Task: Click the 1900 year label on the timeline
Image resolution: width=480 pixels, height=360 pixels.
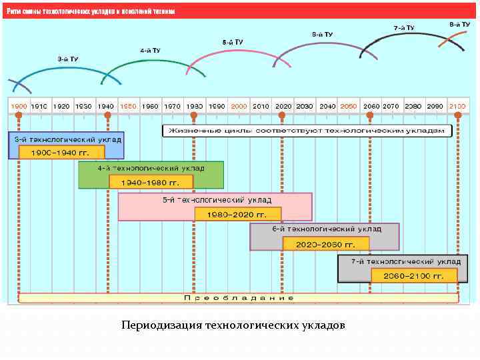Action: tap(19, 106)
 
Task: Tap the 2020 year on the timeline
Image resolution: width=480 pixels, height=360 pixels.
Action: tap(283, 106)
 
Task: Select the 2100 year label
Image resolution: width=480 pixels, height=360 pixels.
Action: tap(458, 106)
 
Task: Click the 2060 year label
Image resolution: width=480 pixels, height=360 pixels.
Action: tap(371, 106)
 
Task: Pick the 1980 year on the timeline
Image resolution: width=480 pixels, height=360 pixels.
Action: tap(194, 106)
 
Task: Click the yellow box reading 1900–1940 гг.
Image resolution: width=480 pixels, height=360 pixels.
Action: tap(61, 152)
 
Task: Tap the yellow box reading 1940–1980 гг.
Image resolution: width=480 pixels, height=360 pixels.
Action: tap(151, 181)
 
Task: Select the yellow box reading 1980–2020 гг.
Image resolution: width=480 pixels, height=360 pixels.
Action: tap(237, 215)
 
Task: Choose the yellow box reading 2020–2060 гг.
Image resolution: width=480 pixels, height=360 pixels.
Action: tap(325, 244)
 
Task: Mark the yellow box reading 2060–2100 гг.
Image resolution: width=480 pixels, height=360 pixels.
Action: tap(414, 275)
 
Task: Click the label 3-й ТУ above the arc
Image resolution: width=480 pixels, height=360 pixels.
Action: tap(67, 59)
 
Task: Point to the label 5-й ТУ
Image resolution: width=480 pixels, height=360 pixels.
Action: tap(233, 42)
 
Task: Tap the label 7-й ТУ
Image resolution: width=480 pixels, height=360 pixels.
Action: tap(403, 28)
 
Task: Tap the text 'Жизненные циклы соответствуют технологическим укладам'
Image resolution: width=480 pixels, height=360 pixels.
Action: tap(305, 130)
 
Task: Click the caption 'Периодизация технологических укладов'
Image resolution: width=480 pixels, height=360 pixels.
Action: tap(233, 326)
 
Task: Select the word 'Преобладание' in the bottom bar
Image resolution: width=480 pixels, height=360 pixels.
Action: tap(239, 298)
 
